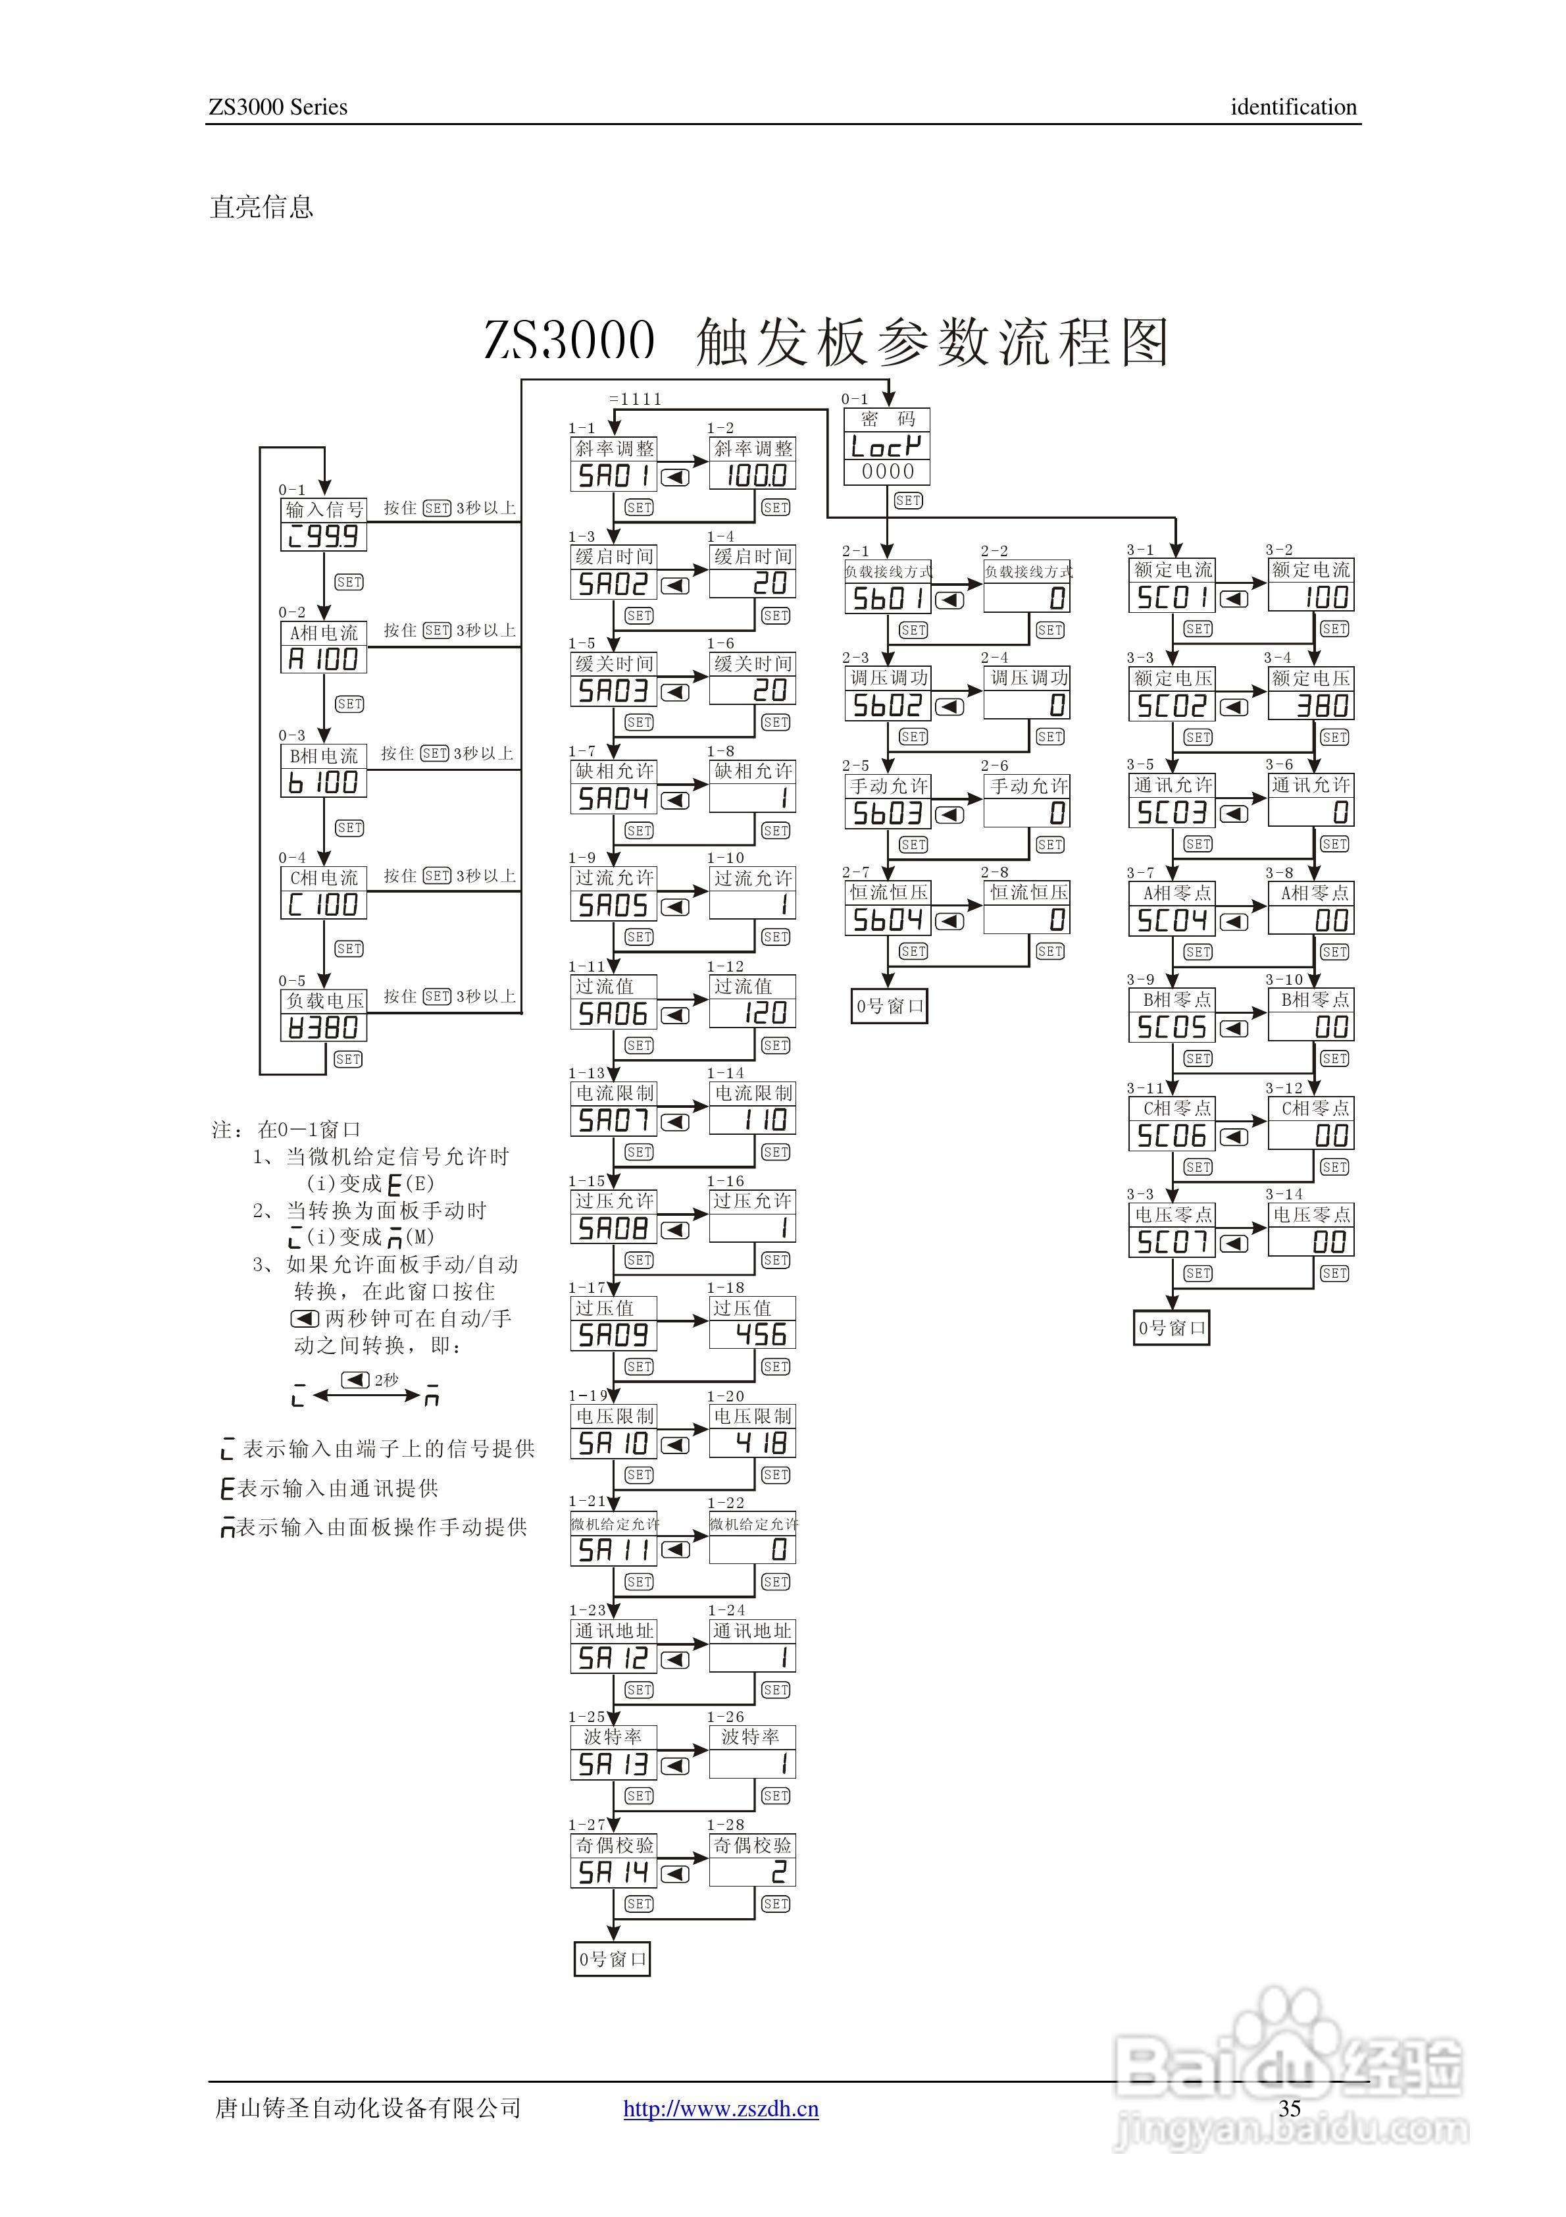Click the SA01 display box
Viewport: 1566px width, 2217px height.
pyautogui.click(x=614, y=475)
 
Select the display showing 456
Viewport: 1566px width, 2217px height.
pyautogui.click(x=752, y=1334)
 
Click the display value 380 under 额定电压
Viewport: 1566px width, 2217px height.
pyautogui.click(x=1310, y=706)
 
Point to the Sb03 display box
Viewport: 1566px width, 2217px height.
pyautogui.click(x=887, y=813)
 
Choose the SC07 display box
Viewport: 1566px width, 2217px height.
pyautogui.click(x=1171, y=1241)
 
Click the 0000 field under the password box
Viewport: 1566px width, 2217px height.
pyautogui.click(x=886, y=471)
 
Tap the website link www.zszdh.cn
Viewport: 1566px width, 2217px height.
pyautogui.click(x=720, y=2108)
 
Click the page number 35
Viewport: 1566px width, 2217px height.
pyautogui.click(x=1289, y=2108)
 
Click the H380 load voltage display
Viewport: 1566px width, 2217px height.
pyautogui.click(x=324, y=1028)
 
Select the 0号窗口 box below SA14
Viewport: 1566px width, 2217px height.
pyautogui.click(x=612, y=1958)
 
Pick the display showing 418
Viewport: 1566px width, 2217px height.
pyautogui.click(x=752, y=1443)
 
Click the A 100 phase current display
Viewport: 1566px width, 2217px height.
pyautogui.click(x=324, y=660)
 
